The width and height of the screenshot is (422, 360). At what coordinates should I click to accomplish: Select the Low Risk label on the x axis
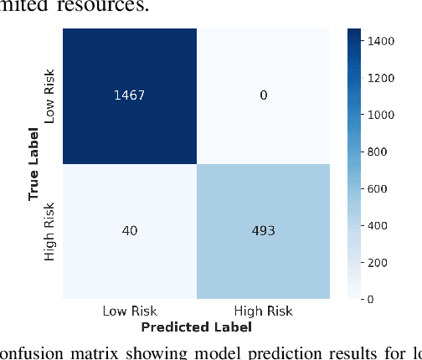coord(129,311)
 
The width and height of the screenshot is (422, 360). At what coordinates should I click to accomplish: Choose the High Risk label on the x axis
coord(263,311)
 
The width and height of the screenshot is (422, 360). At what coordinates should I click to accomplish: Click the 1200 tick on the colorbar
coord(393,79)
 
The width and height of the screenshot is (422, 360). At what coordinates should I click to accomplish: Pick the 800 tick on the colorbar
coord(390,152)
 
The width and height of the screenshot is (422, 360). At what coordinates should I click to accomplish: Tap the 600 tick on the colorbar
coord(390,188)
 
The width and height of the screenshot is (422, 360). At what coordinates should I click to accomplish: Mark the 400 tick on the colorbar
coord(390,225)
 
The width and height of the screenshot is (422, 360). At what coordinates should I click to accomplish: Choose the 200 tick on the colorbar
coord(390,262)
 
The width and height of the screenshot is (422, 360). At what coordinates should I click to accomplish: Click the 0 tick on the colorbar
coord(383,298)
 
